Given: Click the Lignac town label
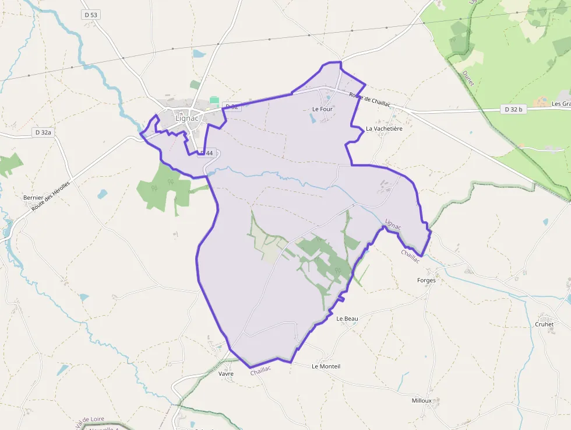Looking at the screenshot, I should pos(186,118).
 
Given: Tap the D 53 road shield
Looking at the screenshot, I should pos(90,15).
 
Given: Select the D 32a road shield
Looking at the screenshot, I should pos(43,132).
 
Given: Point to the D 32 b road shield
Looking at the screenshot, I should pos(513,109).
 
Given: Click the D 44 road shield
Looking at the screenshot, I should pos(207,153).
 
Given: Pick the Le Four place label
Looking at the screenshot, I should pos(322,109).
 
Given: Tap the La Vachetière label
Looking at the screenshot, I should pos(384,128).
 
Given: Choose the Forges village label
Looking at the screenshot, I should pos(426,280).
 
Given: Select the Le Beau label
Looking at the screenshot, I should pos(347,319).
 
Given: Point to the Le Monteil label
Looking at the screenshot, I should pos(326,366).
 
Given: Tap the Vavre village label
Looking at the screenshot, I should pos(225,373).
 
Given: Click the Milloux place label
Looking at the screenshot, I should pos(421,401).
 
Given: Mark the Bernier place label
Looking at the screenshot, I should pos(33,198).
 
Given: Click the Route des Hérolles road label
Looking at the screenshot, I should pos(51,195).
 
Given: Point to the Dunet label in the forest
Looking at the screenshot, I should pos(467,78).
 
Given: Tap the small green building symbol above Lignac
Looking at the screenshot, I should pos(214,100).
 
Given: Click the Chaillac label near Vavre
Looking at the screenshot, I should pos(260,370).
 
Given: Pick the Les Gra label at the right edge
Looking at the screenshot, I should pos(561,104).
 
